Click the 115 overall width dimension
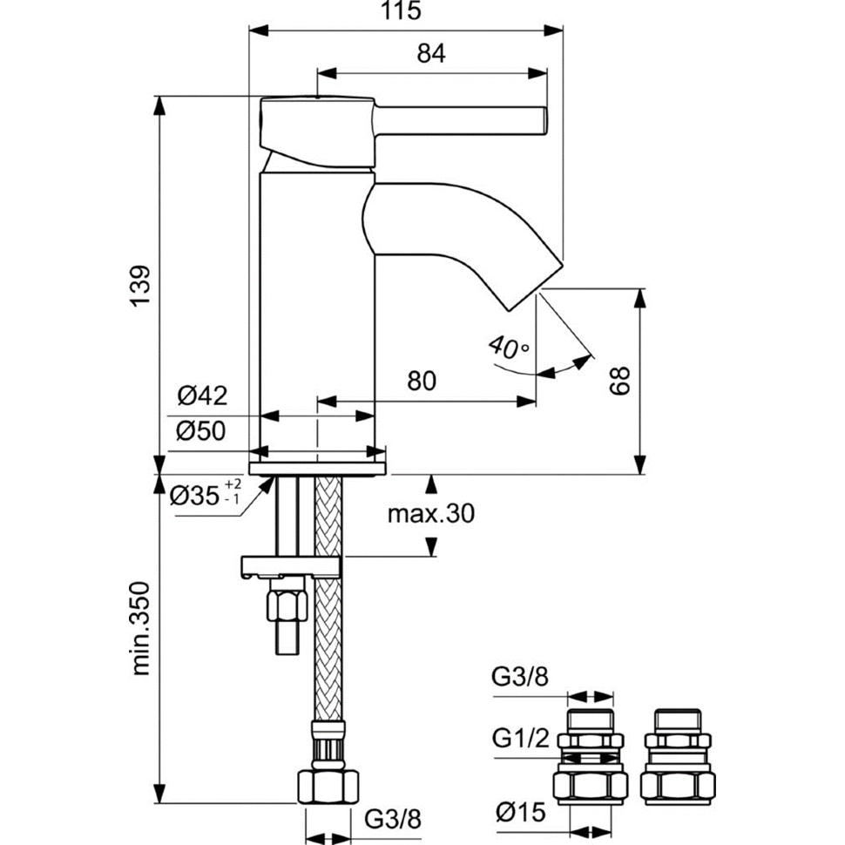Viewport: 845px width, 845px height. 404,12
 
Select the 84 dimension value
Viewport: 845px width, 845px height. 431,54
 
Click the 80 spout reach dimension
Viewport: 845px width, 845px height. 420,381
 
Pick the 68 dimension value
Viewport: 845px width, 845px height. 619,381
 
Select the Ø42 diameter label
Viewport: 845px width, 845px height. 202,396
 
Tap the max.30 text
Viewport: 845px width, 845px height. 430,514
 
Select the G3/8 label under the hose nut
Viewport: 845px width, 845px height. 392,819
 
